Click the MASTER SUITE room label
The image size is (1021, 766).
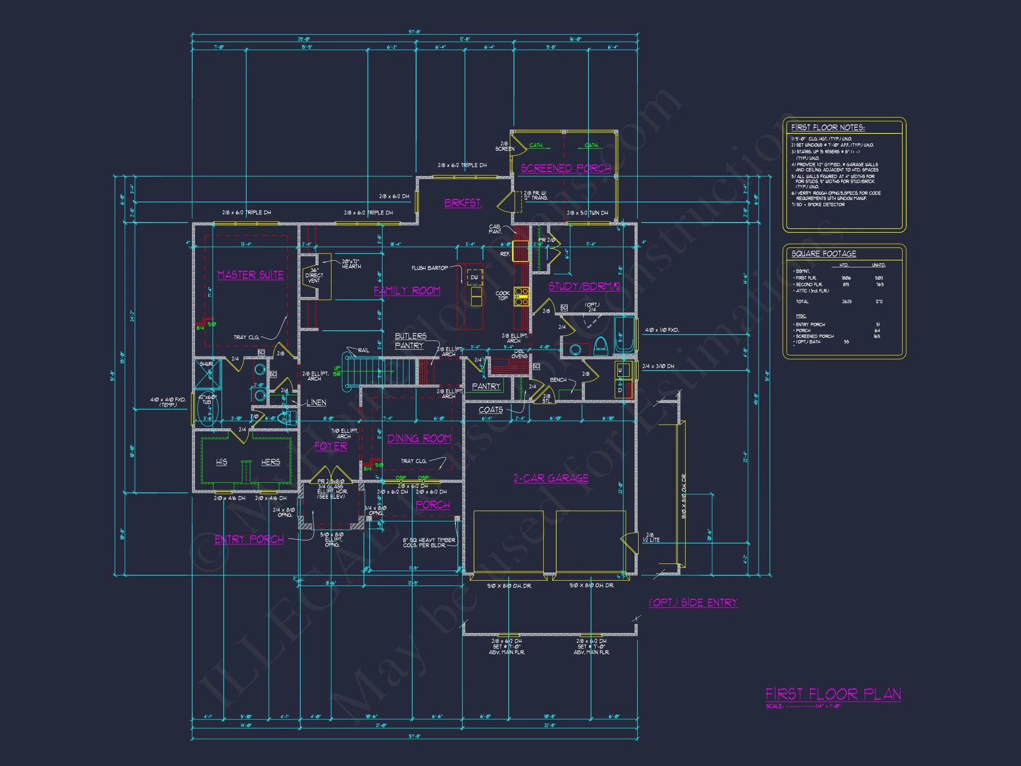[250, 275]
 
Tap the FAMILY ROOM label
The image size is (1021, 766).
[407, 290]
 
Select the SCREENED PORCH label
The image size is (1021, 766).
[565, 168]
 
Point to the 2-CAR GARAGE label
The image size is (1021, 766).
[551, 478]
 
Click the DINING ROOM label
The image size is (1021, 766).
[419, 438]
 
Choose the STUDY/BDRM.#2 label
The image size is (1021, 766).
[584, 286]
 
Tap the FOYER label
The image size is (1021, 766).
[331, 446]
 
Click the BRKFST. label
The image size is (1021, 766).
[463, 203]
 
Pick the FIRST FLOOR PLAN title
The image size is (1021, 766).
[833, 694]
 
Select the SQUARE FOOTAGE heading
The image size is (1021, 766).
[823, 254]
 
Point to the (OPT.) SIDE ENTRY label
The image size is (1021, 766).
[693, 602]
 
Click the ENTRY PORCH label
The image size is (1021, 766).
[249, 539]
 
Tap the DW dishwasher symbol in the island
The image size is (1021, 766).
[475, 277]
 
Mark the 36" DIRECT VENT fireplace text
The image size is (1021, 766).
[314, 275]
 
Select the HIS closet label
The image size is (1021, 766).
[222, 462]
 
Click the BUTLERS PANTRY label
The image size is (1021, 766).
[410, 341]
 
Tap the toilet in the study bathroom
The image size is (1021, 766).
[600, 345]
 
